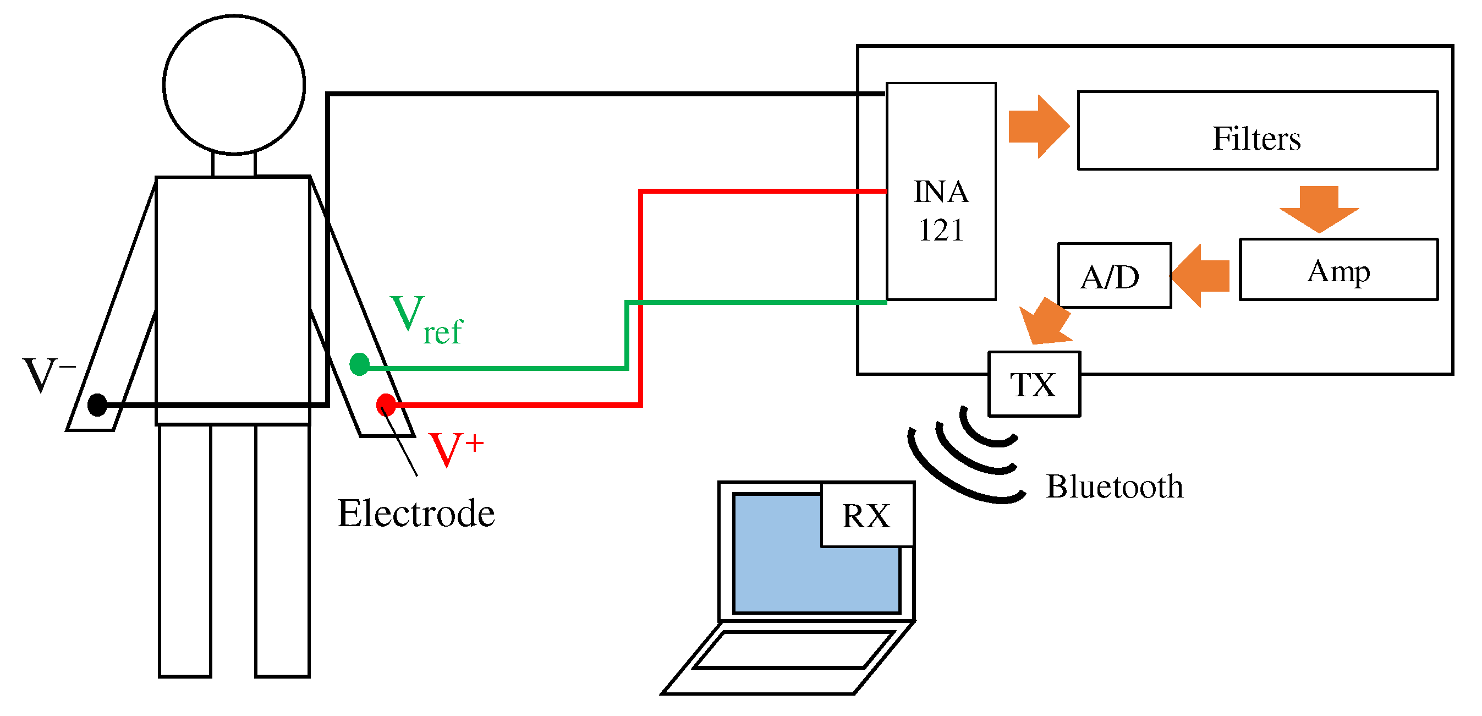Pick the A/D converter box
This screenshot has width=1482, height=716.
pos(1114,276)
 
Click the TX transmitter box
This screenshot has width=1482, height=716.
pos(1034,384)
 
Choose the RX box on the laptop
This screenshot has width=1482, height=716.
pos(866,515)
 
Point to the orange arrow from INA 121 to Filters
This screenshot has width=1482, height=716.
pos(1038,127)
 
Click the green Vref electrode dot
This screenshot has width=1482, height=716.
pos(360,364)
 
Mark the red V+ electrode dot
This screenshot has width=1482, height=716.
pos(386,405)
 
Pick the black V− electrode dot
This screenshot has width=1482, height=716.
pos(97,405)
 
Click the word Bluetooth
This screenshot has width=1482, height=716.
pos(1114,487)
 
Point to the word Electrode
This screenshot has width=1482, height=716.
pos(415,513)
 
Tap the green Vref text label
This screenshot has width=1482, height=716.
pos(426,319)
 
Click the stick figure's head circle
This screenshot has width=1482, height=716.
pos(234,85)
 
